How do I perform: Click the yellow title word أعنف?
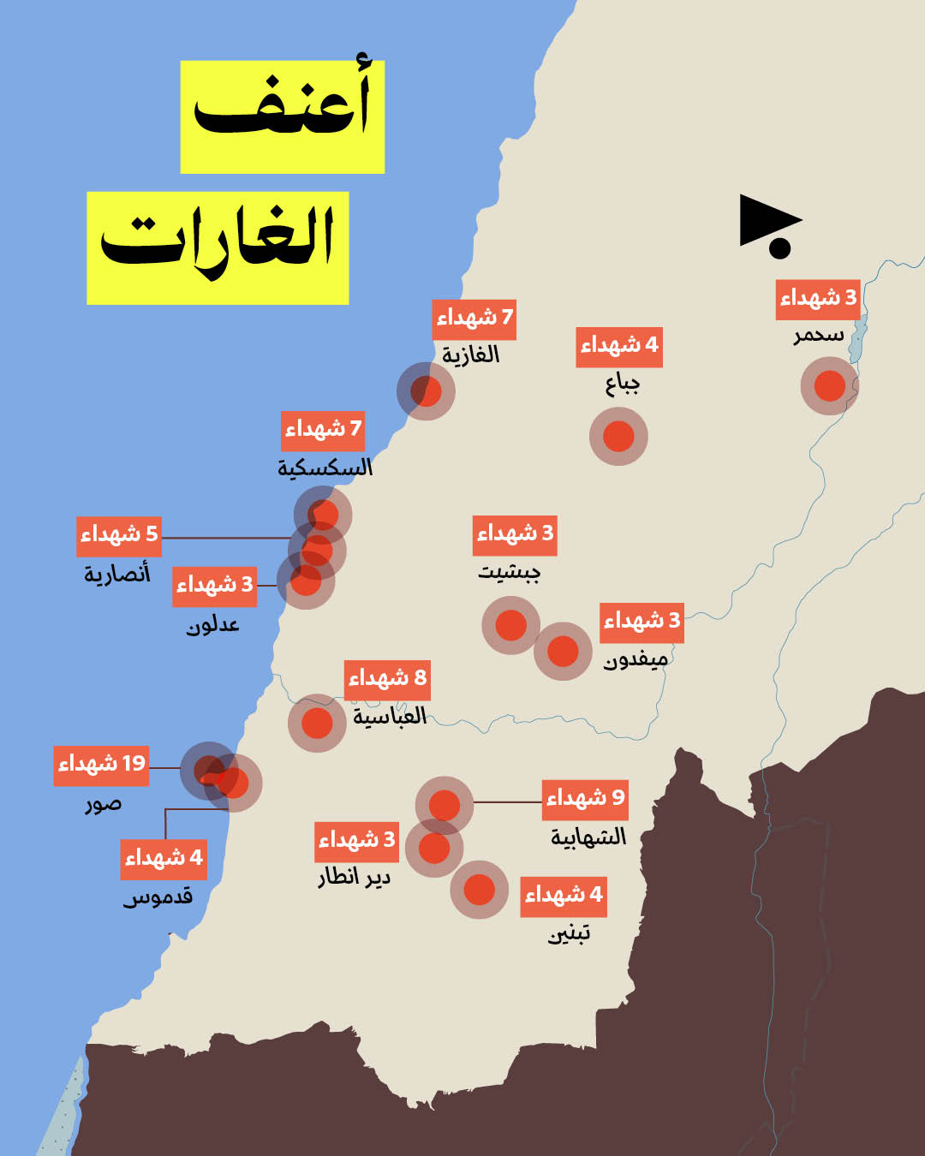pos(283,116)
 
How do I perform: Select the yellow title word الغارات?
pos(218,247)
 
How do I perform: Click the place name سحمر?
pos(819,335)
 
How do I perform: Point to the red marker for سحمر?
pos(829,386)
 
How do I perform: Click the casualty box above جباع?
pos(619,346)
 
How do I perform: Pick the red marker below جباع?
pos(618,437)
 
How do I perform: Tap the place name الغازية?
pos(471,355)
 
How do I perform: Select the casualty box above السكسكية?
pos(324,430)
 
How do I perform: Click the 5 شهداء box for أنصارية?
pos(119,535)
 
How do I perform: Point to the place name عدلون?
pos(213,625)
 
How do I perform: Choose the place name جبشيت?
pos(510,571)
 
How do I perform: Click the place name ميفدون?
pos(636,660)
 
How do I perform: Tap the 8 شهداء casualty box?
pos(387,679)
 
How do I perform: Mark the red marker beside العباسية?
pos(317,724)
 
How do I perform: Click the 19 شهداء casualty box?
pos(102,764)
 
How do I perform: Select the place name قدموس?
pos(158,897)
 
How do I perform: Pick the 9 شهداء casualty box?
pos(586,799)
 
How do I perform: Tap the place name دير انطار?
pos(355,878)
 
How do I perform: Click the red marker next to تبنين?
pos(480,890)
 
